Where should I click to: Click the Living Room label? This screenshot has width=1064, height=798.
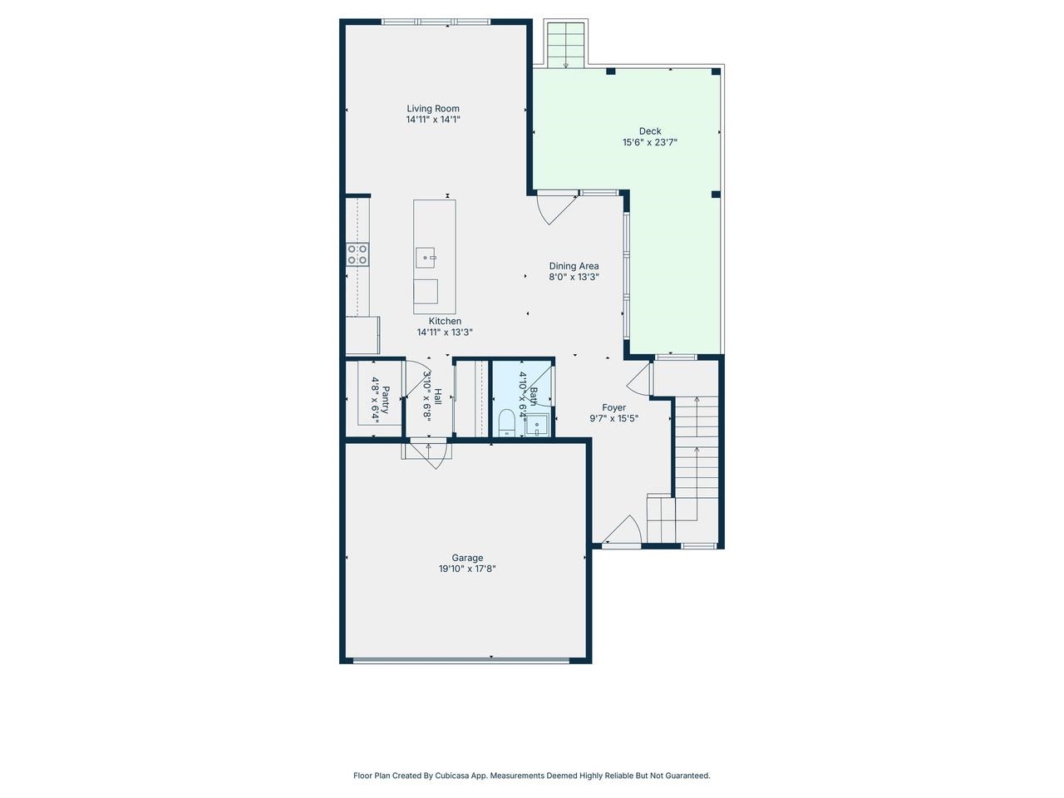pyautogui.click(x=432, y=108)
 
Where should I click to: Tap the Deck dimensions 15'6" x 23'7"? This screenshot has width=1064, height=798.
pyautogui.click(x=650, y=142)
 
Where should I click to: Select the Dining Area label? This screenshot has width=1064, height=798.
pyautogui.click(x=574, y=266)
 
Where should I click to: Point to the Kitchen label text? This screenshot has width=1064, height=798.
pyautogui.click(x=445, y=321)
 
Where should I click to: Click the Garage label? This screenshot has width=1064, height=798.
pyautogui.click(x=467, y=558)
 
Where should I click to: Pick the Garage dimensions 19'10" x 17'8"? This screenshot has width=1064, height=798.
pyautogui.click(x=467, y=569)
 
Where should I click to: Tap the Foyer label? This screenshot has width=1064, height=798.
pyautogui.click(x=613, y=407)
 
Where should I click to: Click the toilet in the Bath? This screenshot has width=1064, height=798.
pyautogui.click(x=505, y=423)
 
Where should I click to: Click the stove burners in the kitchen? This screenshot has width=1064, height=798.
pyautogui.click(x=357, y=254)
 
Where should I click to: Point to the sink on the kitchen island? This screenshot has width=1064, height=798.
pyautogui.click(x=426, y=257)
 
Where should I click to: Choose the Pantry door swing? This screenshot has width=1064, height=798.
pyautogui.click(x=416, y=381)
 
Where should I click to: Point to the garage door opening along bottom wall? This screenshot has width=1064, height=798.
pyautogui.click(x=461, y=661)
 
